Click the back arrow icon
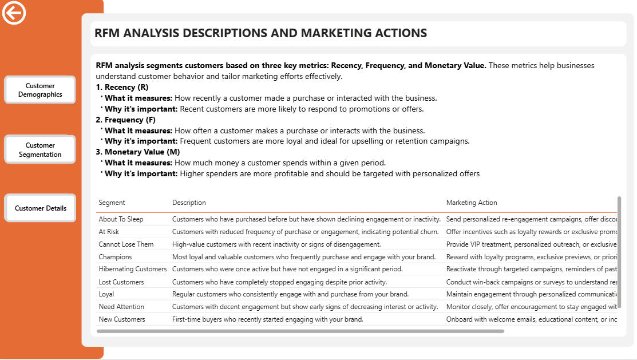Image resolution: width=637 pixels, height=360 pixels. (x=14, y=13)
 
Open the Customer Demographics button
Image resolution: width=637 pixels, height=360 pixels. (x=40, y=90)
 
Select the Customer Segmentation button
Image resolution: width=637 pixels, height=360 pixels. (x=40, y=149)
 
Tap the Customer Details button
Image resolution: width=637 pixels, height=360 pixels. (x=40, y=208)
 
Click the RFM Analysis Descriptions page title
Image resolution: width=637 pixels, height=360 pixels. (x=260, y=33)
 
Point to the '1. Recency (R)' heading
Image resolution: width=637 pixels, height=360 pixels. (x=122, y=87)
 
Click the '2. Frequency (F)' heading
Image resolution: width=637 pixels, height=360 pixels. (x=126, y=120)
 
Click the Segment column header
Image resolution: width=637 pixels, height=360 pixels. (x=112, y=203)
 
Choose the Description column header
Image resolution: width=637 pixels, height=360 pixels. (x=189, y=203)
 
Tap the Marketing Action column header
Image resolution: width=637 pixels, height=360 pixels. (x=472, y=203)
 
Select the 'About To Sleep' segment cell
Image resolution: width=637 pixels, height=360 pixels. (x=121, y=219)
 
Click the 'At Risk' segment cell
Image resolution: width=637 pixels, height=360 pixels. (x=109, y=232)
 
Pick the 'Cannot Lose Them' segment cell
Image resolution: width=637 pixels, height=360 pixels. (x=126, y=244)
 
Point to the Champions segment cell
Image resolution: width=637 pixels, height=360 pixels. (x=115, y=257)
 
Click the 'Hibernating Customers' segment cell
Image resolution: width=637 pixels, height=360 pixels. (x=132, y=269)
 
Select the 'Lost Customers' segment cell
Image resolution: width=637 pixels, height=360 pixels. (x=121, y=282)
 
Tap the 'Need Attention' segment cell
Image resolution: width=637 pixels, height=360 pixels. (x=121, y=307)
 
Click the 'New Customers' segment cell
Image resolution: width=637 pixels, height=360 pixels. (x=121, y=319)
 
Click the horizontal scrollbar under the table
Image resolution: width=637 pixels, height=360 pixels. (x=300, y=331)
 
